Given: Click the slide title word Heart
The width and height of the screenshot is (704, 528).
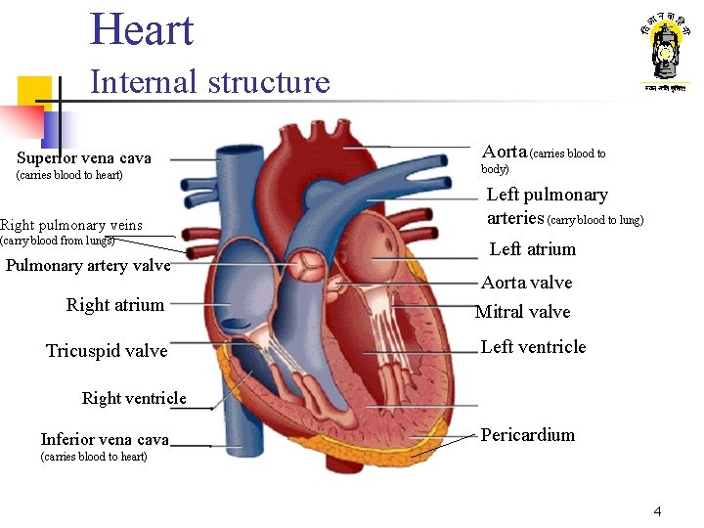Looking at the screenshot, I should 142,29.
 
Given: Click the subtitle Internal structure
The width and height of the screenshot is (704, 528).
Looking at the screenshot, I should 209,82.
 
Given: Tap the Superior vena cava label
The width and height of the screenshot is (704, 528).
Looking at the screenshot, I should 84,158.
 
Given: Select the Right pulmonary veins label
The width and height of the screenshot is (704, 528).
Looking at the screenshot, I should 71,225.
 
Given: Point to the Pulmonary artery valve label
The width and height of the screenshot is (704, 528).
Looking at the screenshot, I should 88,266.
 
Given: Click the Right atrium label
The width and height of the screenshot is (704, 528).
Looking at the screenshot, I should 114,305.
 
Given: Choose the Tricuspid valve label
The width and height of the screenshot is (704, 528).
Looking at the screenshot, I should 107,351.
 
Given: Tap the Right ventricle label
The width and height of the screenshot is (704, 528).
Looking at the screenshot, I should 134,398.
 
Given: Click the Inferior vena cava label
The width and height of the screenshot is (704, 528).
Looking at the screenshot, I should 105,440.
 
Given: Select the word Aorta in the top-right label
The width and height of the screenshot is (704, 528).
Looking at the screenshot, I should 505,152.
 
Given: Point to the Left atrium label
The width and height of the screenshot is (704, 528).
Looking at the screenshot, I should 533,249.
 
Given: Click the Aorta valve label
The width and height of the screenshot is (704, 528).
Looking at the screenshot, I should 526,283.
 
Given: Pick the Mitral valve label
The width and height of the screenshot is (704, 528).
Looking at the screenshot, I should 522,312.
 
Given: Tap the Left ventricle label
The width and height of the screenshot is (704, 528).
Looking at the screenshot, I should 533,347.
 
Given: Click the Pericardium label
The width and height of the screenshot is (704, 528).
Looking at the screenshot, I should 527,435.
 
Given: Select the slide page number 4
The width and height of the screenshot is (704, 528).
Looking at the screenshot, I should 657,511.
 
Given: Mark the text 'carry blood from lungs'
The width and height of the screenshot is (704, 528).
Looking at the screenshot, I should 58,241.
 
